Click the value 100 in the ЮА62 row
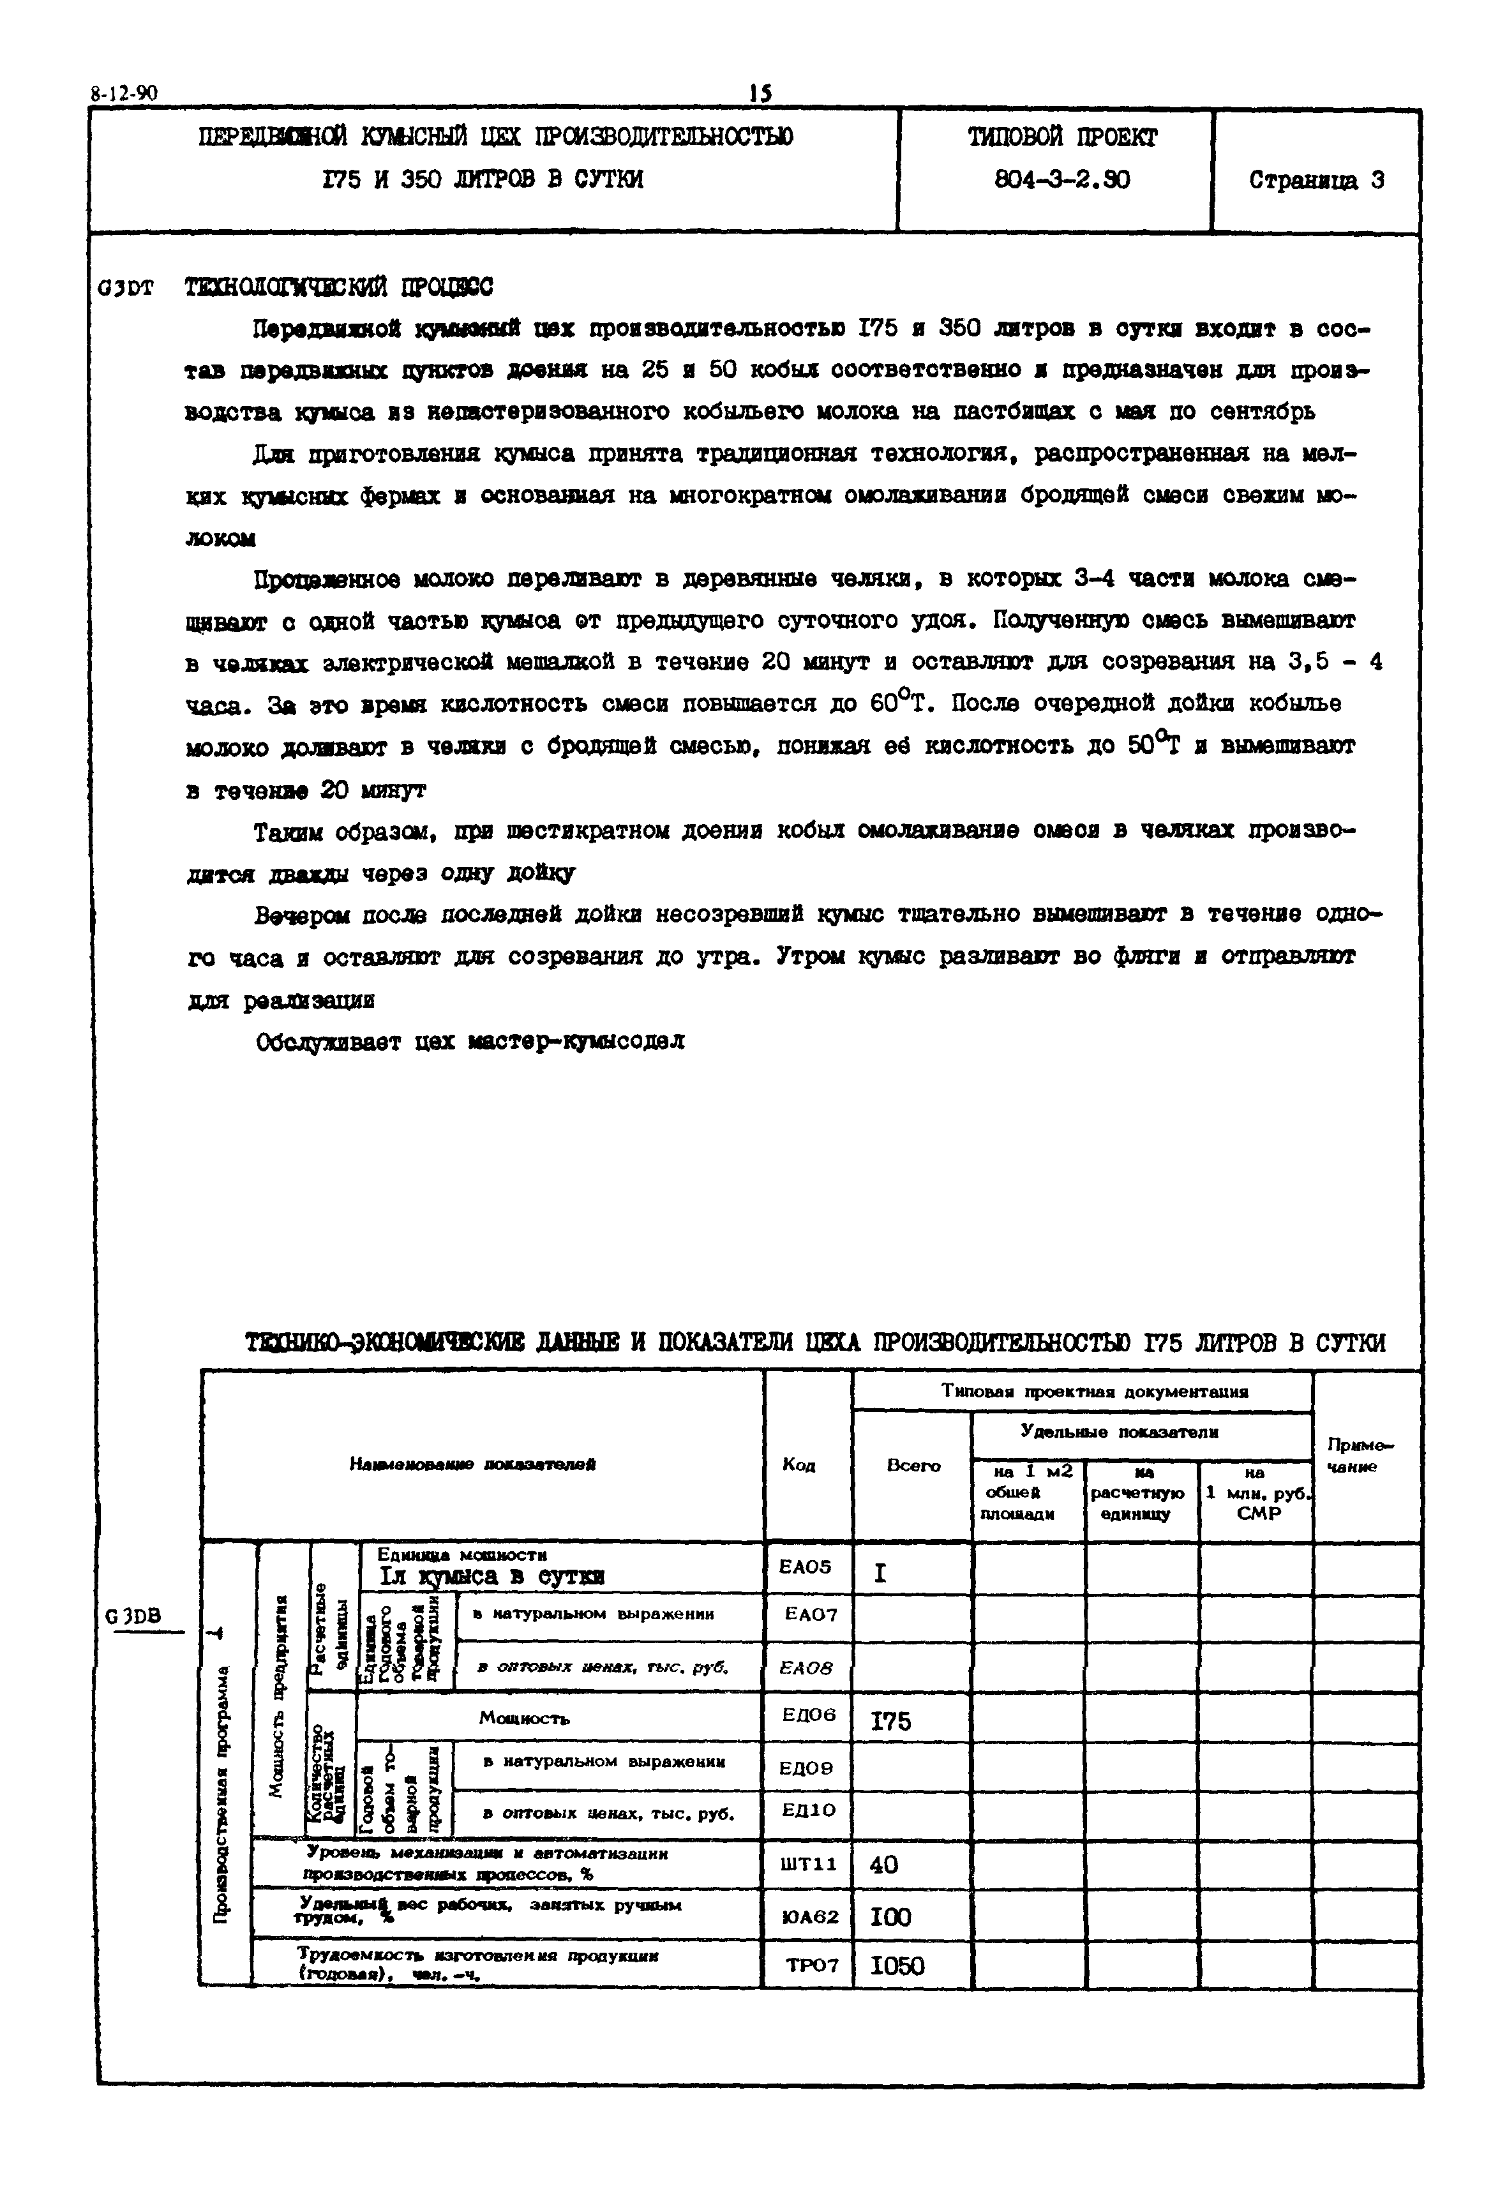[890, 1917]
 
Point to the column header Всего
[913, 1466]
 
